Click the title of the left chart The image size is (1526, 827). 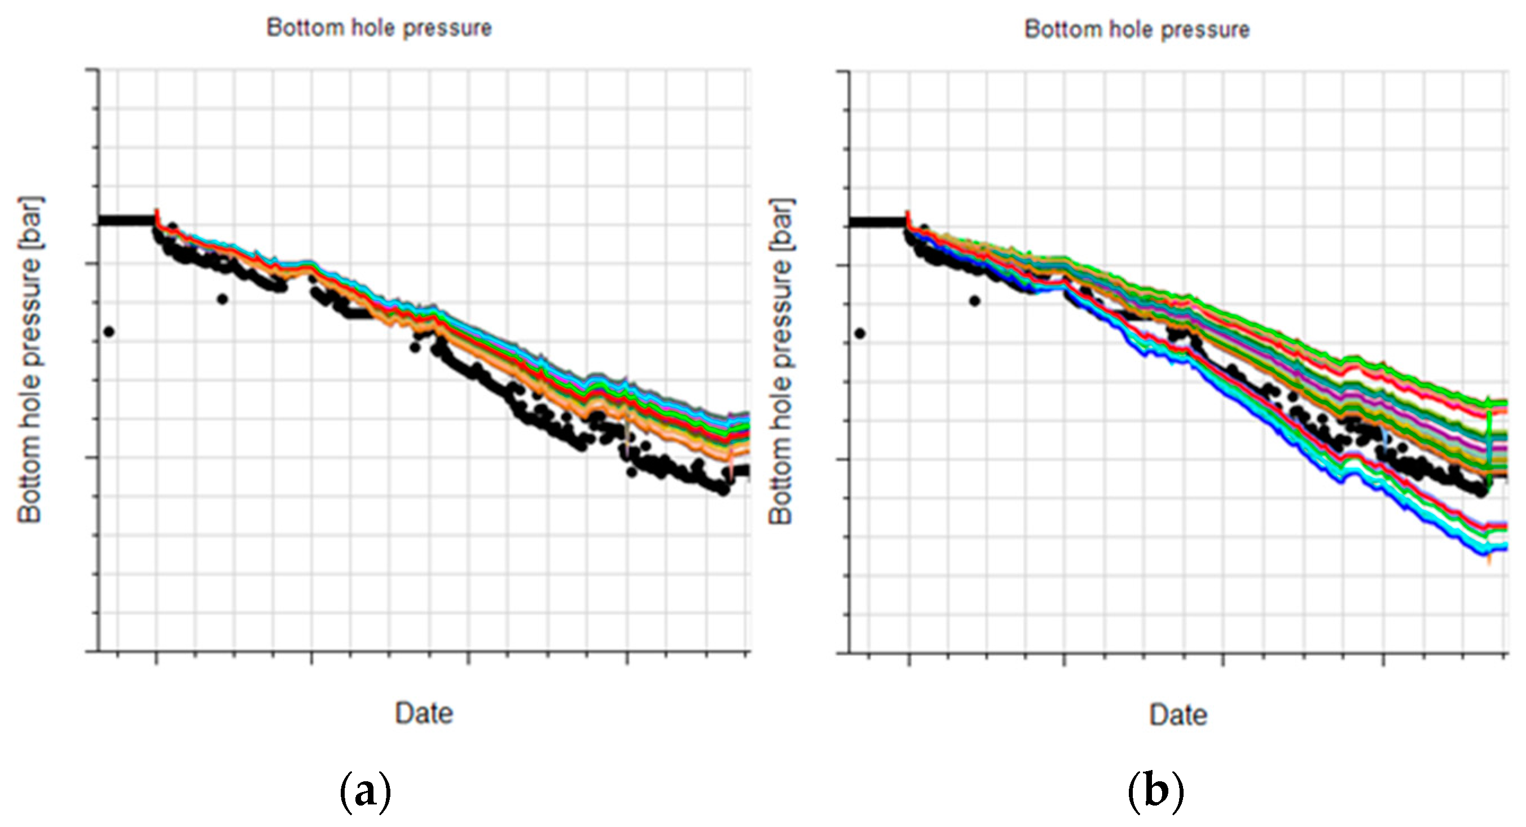[x=379, y=28]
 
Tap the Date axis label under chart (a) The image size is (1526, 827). [x=424, y=712]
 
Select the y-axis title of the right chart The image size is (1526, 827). [x=781, y=361]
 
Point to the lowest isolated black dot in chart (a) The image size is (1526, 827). [x=108, y=332]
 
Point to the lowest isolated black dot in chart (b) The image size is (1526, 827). [x=860, y=334]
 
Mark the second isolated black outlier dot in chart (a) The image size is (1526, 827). [x=222, y=299]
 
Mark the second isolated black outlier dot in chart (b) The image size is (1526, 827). [x=974, y=301]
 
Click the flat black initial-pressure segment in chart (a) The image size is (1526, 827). [x=126, y=221]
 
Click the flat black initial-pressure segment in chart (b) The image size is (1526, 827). [x=877, y=223]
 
